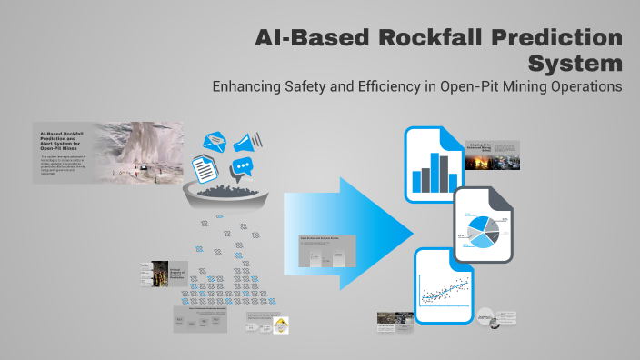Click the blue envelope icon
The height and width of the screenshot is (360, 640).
[215, 142]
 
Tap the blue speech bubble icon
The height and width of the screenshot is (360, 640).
[242, 168]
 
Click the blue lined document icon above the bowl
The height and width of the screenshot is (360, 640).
[205, 168]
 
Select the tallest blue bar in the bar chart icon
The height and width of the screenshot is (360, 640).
[437, 174]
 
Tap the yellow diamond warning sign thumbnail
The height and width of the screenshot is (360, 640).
[281, 325]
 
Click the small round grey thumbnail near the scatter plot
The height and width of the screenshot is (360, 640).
[489, 318]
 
